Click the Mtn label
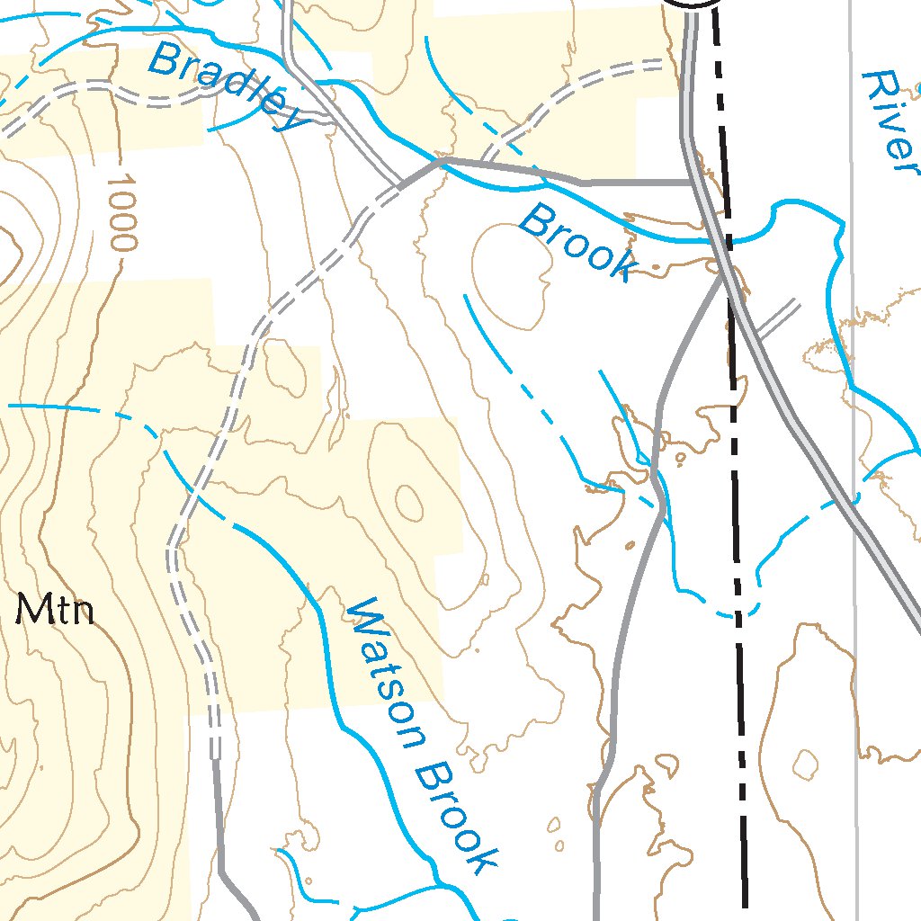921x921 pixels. [57, 612]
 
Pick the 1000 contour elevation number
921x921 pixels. [121, 212]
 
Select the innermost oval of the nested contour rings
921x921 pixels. [408, 502]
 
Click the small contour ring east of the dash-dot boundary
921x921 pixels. [806, 765]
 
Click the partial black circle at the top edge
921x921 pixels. [693, 4]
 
